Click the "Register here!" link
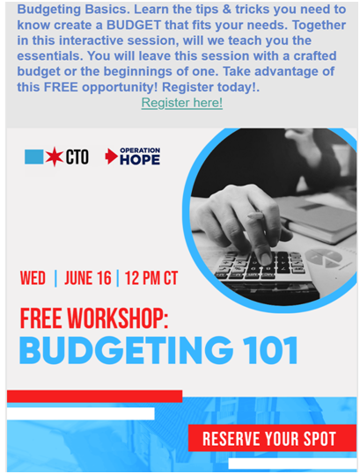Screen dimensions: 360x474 (x=182, y=103)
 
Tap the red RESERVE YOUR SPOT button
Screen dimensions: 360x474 (x=272, y=438)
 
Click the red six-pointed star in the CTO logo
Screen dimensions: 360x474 (x=55, y=157)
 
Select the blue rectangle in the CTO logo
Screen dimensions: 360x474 (x=33, y=157)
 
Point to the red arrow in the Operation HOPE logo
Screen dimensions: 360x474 (x=111, y=157)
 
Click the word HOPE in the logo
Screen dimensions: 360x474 (x=140, y=160)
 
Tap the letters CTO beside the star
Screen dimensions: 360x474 (x=77, y=157)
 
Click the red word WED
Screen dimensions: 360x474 (x=33, y=278)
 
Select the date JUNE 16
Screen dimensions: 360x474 (x=88, y=278)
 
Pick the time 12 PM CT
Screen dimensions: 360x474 (x=151, y=278)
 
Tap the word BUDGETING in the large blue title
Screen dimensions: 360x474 (x=126, y=350)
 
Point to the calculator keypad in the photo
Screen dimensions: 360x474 (x=261, y=265)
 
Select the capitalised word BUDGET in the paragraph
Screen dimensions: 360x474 (x=134, y=26)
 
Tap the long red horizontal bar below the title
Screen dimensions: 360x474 (x=94, y=397)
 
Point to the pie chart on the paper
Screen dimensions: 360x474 (x=323, y=258)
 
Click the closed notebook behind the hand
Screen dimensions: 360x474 (x=320, y=219)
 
